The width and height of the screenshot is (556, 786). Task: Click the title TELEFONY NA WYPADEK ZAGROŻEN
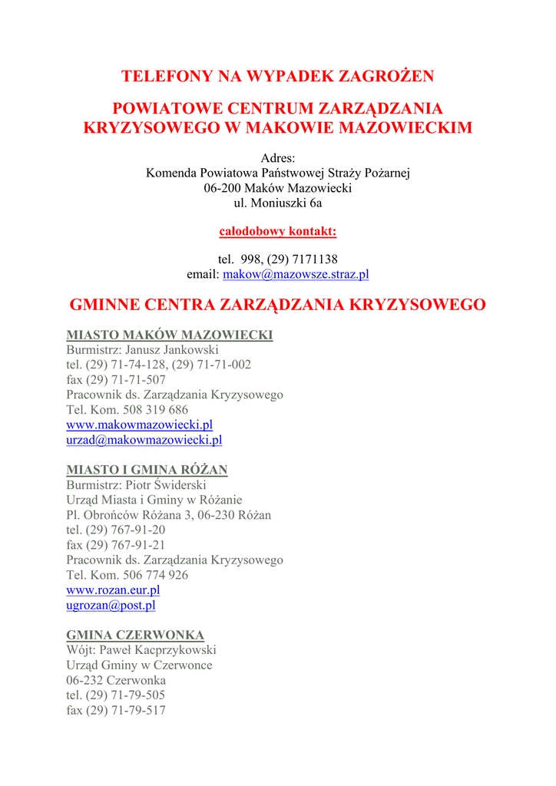click(278, 76)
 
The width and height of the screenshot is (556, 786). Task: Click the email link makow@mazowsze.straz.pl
click(296, 274)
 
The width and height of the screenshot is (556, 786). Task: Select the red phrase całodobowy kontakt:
click(278, 231)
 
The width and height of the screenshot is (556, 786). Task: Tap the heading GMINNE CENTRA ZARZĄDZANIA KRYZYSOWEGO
click(278, 305)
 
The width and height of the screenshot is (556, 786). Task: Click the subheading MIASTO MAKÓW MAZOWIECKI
click(170, 335)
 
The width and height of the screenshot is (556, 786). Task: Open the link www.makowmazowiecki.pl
click(139, 424)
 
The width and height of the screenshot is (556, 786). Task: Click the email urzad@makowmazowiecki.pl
click(144, 440)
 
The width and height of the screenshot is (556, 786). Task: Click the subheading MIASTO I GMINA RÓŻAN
click(147, 470)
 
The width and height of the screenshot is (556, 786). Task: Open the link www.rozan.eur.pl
click(113, 590)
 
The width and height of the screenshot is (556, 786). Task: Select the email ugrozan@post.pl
click(111, 606)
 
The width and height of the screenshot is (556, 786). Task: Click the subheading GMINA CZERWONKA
click(135, 635)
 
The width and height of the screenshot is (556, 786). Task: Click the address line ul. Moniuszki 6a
click(278, 203)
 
